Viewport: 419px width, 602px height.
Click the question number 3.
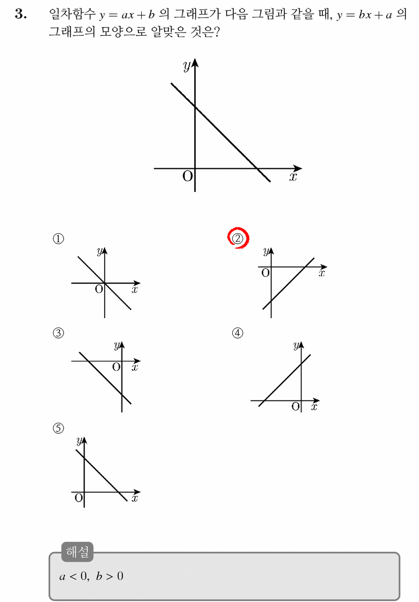click(x=21, y=14)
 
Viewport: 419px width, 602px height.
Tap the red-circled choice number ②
click(x=237, y=238)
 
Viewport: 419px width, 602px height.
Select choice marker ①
click(x=58, y=238)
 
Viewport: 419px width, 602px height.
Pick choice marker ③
click(x=58, y=333)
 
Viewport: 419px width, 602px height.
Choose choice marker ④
click(x=237, y=333)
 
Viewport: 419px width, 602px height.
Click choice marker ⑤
click(x=58, y=428)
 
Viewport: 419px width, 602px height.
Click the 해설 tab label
click(x=77, y=552)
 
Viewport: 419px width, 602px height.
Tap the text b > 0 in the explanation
click(x=109, y=576)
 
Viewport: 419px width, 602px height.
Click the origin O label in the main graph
click(x=188, y=176)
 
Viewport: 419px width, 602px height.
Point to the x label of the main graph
click(x=293, y=176)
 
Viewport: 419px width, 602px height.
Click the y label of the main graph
click(x=187, y=65)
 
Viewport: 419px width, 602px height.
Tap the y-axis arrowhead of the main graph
click(x=195, y=63)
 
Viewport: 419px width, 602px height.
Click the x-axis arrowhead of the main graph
click(x=298, y=168)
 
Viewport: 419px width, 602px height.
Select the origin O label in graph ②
click(x=265, y=273)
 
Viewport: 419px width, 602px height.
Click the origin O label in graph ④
click(x=296, y=407)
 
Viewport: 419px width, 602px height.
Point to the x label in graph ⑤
click(x=135, y=498)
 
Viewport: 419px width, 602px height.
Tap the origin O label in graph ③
click(x=117, y=367)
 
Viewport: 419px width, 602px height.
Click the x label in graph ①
click(x=135, y=290)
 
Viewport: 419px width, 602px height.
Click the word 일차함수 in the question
click(x=72, y=14)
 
